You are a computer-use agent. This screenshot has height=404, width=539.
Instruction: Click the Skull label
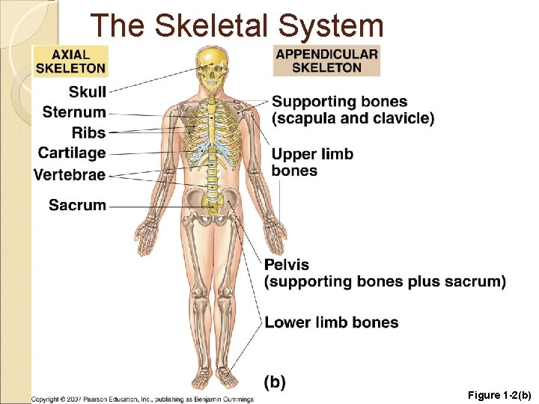click(x=88, y=92)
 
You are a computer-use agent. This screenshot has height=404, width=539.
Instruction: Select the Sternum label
click(x=74, y=112)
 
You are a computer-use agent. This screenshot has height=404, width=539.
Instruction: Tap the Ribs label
click(x=88, y=132)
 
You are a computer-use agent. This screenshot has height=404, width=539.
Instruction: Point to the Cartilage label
click(x=72, y=153)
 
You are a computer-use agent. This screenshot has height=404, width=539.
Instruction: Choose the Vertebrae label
click(x=70, y=174)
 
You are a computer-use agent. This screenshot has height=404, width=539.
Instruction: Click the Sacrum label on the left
click(x=77, y=204)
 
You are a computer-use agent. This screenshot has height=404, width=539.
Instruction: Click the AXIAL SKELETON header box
click(x=70, y=61)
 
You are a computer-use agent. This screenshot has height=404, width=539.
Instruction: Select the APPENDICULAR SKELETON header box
click(x=326, y=61)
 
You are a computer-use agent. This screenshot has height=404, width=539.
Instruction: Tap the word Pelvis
click(x=286, y=265)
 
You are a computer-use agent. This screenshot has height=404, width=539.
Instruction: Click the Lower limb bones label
click(x=331, y=322)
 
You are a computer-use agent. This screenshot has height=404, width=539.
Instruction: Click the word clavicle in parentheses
click(x=404, y=118)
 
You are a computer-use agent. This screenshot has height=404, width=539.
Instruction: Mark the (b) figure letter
click(x=275, y=382)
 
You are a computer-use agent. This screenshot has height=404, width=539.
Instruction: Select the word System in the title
click(x=330, y=25)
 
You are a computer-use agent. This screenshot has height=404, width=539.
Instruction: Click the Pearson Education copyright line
click(x=142, y=399)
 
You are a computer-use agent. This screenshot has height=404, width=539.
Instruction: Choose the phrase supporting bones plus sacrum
click(x=386, y=281)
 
